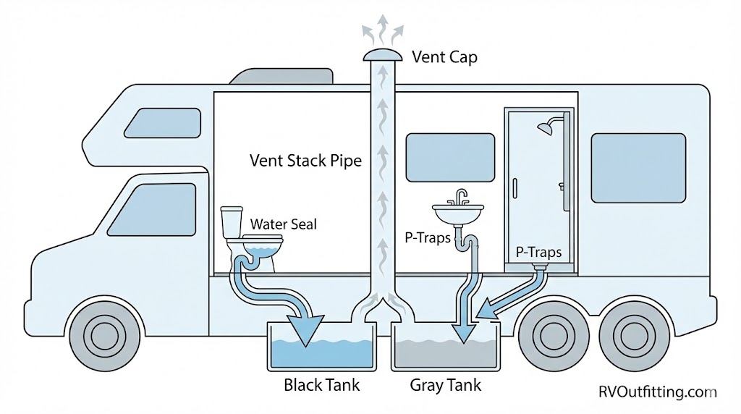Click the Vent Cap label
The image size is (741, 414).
point(444,56)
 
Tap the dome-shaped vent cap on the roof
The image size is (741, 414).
point(383,54)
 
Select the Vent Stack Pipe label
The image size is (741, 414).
point(305,160)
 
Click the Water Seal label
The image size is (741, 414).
point(284,224)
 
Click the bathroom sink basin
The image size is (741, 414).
point(458,214)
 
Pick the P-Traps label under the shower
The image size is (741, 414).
point(538,253)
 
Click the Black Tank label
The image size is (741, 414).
point(321,384)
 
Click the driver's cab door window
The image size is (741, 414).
point(156,208)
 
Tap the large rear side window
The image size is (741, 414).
point(638,168)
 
